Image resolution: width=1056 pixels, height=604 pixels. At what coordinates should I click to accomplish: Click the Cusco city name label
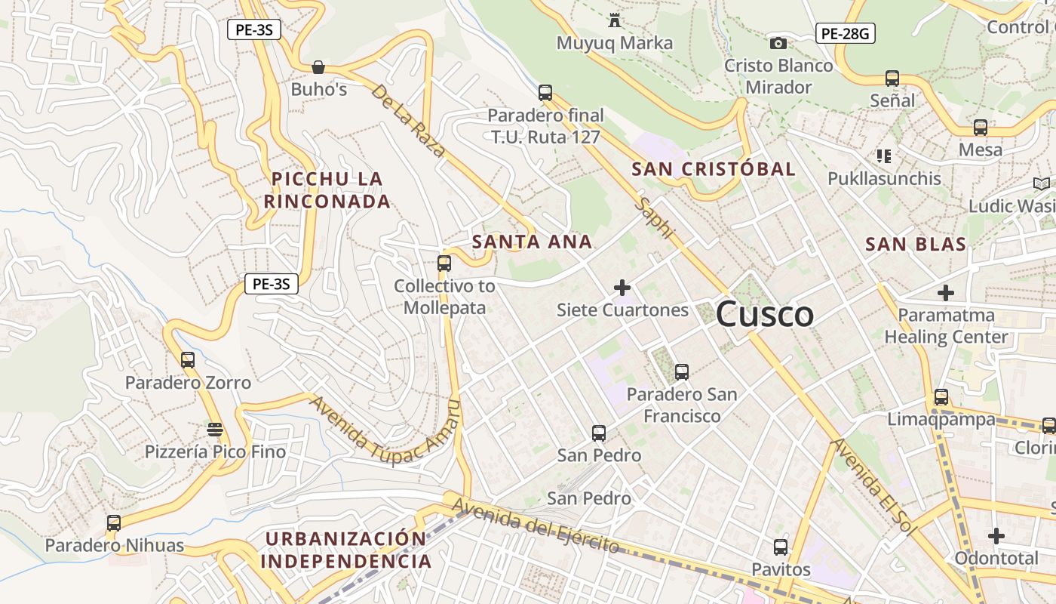(x=764, y=314)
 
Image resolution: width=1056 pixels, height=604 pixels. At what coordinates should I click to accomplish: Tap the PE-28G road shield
(x=845, y=33)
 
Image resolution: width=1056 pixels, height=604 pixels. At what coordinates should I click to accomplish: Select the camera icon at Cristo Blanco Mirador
(x=778, y=44)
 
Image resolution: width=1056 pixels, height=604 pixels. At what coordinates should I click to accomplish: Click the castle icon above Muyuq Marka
(x=615, y=20)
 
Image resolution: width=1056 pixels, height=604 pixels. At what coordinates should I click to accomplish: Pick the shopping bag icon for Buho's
(x=318, y=67)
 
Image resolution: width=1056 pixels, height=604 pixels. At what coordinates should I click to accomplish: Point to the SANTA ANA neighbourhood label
(x=532, y=242)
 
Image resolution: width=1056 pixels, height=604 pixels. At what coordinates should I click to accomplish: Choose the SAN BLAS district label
(x=916, y=244)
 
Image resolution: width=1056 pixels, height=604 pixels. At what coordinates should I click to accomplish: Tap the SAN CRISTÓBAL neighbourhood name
(x=714, y=169)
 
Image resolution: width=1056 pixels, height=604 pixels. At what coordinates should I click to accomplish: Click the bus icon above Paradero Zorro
(x=188, y=360)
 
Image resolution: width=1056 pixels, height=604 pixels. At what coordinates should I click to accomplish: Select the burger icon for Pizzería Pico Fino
(x=215, y=430)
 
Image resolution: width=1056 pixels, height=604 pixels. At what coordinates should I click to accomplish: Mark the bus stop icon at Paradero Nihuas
(x=114, y=522)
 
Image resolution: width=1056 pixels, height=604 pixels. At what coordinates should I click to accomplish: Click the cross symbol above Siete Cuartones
(x=622, y=288)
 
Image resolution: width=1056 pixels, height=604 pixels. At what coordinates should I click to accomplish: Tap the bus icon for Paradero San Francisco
(x=682, y=372)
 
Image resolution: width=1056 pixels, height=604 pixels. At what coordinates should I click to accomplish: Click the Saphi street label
(x=653, y=218)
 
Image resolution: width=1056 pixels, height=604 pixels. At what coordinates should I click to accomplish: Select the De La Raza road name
(x=408, y=121)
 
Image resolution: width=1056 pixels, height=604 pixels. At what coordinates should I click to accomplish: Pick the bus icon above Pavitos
(x=781, y=547)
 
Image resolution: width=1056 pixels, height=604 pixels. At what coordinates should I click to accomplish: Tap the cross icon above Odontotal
(x=996, y=536)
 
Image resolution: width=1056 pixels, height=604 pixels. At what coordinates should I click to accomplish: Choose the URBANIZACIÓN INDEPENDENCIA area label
(x=346, y=550)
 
